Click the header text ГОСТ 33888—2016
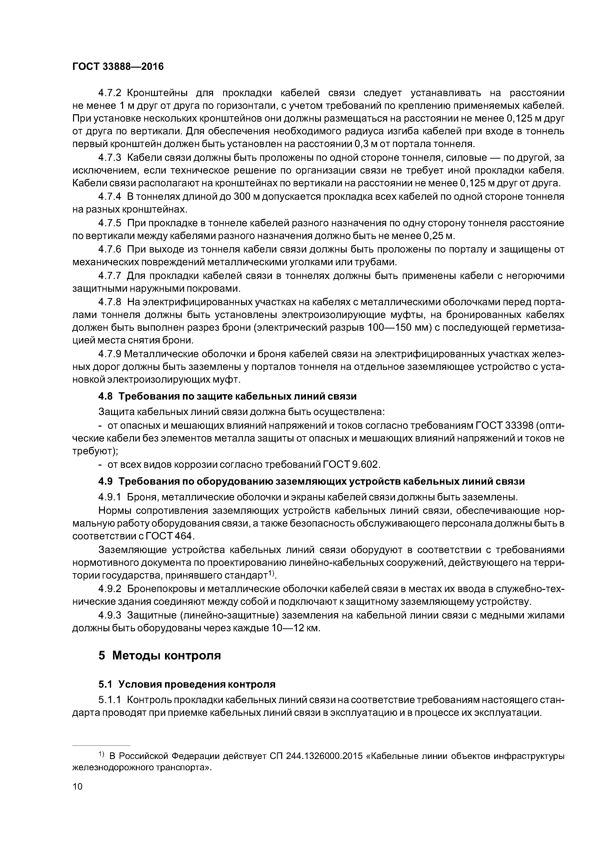point(118,67)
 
